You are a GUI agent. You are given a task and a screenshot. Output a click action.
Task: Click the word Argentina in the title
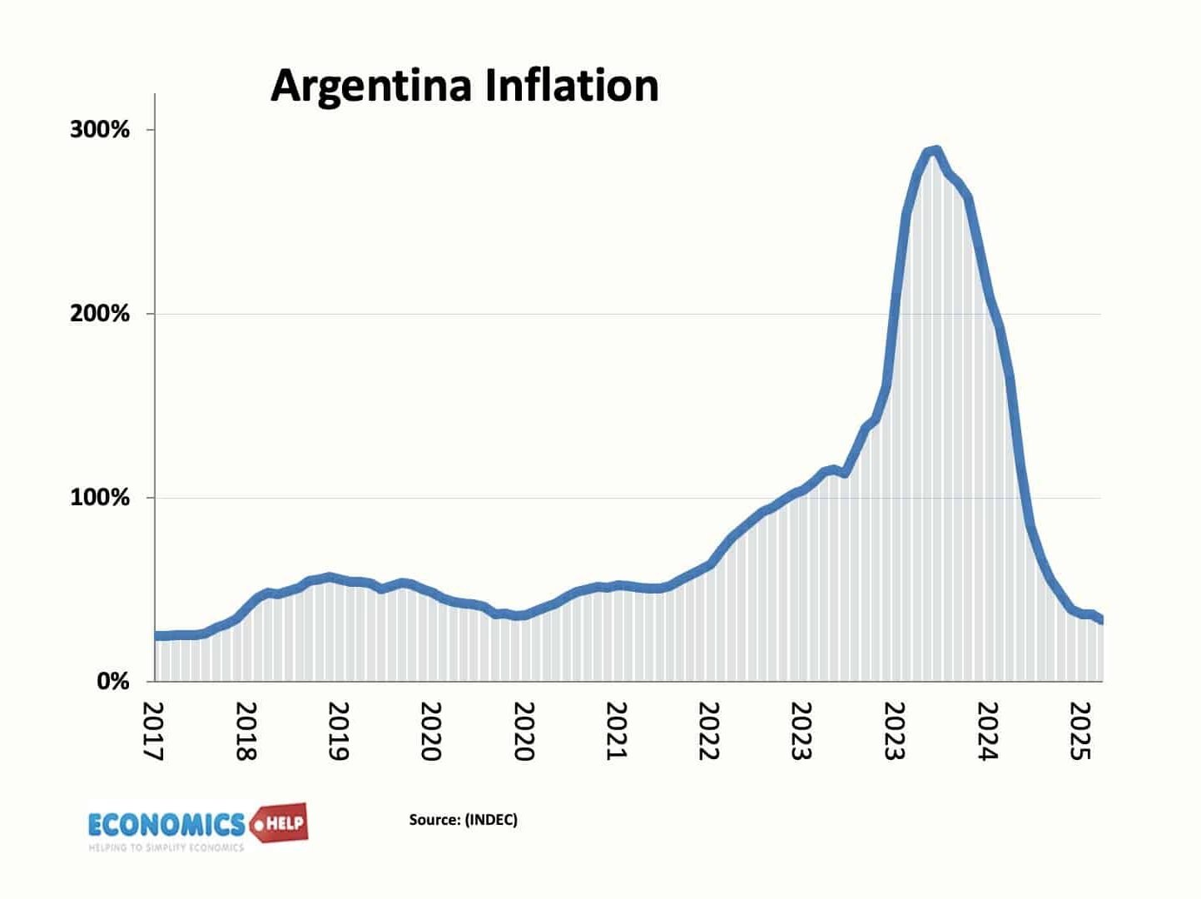370,87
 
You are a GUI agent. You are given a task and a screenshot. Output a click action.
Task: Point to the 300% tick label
100,130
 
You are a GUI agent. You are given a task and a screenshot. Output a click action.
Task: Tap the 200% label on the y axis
100,314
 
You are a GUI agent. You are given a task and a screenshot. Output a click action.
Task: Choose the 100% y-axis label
100,498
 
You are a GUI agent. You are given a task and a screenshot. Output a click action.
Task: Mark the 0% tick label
113,682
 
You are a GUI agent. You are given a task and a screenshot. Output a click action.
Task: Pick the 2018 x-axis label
247,732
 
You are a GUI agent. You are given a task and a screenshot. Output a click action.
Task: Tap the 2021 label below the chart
616,732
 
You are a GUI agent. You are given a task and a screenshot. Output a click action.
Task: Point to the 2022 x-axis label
708,732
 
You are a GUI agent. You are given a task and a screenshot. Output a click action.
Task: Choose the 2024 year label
987,732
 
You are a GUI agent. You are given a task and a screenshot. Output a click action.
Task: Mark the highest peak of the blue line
935,151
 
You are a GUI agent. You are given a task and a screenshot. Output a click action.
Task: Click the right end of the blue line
1100,619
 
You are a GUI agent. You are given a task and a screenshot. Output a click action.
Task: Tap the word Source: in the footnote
434,820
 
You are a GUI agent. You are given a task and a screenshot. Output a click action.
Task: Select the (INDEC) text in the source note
491,820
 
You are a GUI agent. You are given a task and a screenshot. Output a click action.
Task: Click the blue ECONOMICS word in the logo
166,825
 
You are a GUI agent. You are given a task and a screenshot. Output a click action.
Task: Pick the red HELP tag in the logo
283,824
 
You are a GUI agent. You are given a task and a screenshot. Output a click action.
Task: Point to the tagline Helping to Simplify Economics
166,847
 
